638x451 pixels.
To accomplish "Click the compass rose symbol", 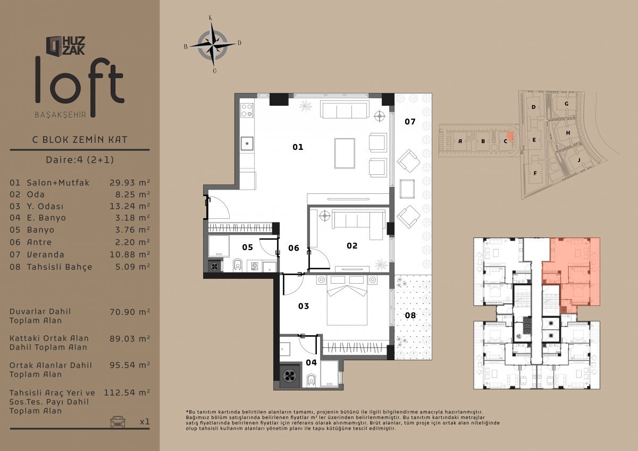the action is [213, 45].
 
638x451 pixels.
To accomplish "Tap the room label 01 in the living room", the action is [298, 147].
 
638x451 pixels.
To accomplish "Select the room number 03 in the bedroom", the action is [304, 306].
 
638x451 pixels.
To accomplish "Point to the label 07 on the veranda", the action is [410, 122].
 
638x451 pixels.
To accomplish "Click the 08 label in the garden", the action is [410, 315].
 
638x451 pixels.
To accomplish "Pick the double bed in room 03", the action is [347, 301].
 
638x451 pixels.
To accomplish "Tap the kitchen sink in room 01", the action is [247, 143].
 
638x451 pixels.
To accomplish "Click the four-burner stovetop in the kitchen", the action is [247, 110].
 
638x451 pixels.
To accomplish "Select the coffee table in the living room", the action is [345, 154].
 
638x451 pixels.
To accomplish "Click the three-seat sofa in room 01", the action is [344, 109].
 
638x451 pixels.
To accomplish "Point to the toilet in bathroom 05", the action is [237, 265].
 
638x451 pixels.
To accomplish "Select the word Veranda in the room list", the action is [46, 254].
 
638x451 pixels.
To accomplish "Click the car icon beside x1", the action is [117, 421].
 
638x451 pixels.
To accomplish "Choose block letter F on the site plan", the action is [535, 173].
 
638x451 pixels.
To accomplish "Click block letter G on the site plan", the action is [567, 104].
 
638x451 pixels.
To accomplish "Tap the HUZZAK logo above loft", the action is [65, 46].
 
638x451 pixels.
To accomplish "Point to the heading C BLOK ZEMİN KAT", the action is [80, 140].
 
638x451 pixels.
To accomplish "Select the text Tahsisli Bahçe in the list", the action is [60, 267].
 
